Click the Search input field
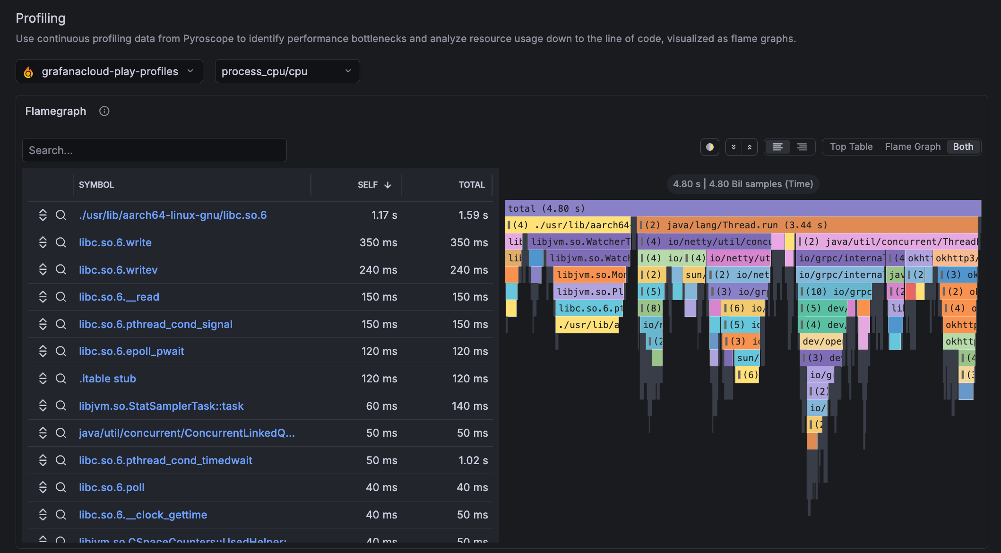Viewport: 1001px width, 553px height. point(154,150)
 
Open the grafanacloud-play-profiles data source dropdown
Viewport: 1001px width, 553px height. point(109,71)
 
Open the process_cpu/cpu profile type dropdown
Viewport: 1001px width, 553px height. point(287,71)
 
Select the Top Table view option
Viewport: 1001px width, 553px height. point(851,147)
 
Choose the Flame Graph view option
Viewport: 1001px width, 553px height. point(913,147)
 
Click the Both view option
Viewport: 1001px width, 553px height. point(963,147)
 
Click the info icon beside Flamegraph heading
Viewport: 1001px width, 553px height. point(104,111)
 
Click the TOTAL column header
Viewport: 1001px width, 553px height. point(471,185)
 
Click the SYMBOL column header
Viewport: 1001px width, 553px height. point(96,185)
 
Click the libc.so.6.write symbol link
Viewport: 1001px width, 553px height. point(115,242)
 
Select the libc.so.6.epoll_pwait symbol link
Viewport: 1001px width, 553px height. point(131,351)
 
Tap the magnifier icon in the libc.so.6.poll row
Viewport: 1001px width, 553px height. point(61,487)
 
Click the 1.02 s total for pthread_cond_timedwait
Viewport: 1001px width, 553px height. point(473,460)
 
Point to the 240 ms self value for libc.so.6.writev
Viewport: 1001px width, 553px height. point(378,270)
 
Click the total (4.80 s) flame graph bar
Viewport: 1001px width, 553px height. point(742,208)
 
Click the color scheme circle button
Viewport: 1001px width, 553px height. point(709,147)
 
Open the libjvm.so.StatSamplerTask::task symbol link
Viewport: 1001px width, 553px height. point(161,406)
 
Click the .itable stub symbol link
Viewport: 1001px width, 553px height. point(108,379)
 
